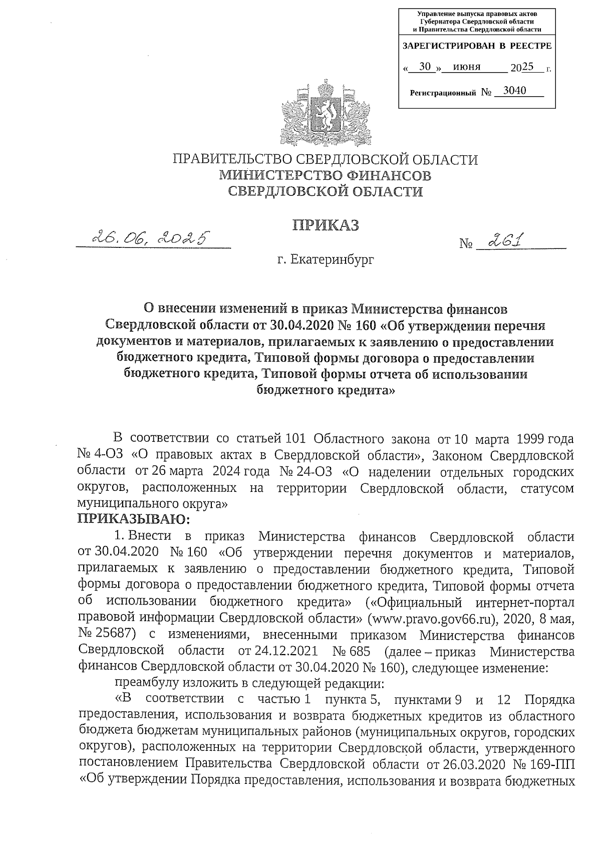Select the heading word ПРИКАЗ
[326, 225]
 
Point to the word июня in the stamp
[466, 67]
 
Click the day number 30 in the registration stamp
[425, 66]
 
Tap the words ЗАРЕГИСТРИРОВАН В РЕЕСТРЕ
[477, 46]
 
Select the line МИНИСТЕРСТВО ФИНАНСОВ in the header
[325, 175]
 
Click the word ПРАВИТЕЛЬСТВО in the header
[231, 160]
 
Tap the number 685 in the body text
[358, 651]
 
